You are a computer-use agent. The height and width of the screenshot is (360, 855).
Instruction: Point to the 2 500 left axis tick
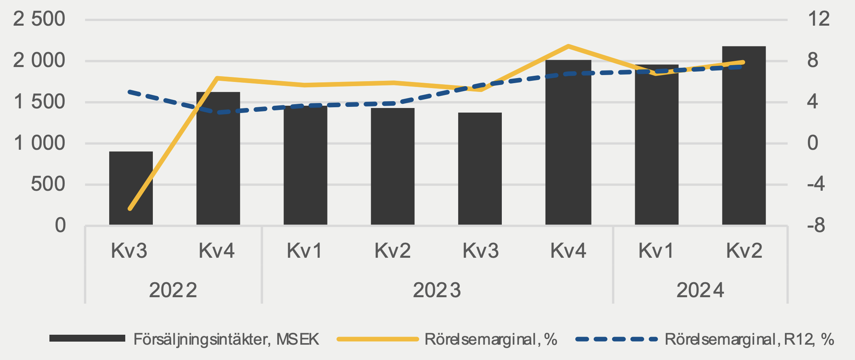[x=39, y=19]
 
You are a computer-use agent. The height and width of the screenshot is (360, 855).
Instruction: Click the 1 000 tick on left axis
[x=39, y=143]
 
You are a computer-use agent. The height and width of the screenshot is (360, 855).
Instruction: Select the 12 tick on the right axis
[x=818, y=19]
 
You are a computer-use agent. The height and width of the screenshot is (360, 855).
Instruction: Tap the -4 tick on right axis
[x=816, y=185]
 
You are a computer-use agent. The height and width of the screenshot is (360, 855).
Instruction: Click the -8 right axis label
[x=816, y=226]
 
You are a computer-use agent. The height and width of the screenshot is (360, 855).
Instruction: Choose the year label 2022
[x=173, y=290]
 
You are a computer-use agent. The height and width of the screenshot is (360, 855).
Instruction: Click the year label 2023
[x=437, y=290]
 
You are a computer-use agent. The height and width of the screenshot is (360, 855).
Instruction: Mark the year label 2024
[x=700, y=290]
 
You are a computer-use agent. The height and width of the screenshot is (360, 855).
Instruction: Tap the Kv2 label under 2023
[x=392, y=251]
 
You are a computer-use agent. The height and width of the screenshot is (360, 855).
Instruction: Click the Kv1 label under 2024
[x=656, y=251]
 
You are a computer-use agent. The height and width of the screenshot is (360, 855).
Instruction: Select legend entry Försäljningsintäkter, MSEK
[x=226, y=339]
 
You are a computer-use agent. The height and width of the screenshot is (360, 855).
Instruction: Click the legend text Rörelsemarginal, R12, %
[x=749, y=339]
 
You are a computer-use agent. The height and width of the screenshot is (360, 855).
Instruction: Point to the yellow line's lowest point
[x=130, y=209]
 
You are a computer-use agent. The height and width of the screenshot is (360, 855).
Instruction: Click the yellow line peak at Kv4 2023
[x=568, y=46]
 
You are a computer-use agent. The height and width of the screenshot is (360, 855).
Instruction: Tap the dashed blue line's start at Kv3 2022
[x=130, y=92]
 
